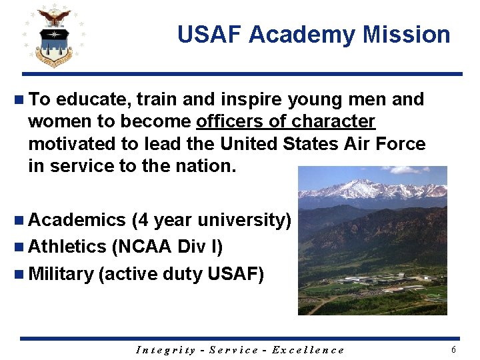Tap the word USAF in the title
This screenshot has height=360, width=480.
[x=209, y=35]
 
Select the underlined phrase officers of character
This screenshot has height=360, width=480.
[x=285, y=122]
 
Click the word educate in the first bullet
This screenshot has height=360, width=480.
[x=94, y=100]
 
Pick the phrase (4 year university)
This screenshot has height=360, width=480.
[x=211, y=220]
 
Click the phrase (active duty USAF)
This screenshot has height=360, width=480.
[x=181, y=274]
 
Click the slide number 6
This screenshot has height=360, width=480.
[x=454, y=350]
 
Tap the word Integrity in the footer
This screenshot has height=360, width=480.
[x=166, y=350]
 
